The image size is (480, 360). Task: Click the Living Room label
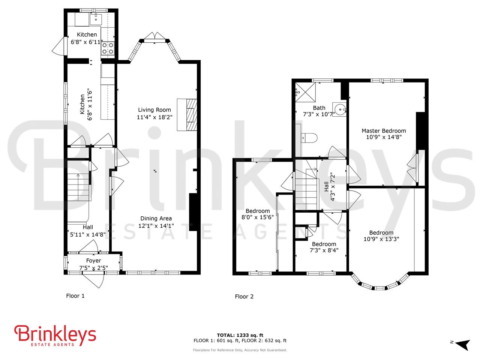click(154, 110)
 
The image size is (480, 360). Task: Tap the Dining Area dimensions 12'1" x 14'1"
click(156, 226)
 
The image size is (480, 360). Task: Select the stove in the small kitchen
click(108, 48)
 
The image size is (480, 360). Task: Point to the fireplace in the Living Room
click(187, 115)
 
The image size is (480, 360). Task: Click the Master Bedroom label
click(384, 131)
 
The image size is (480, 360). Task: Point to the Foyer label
click(93, 261)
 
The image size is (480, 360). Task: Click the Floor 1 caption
click(75, 296)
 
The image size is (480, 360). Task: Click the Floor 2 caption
click(244, 297)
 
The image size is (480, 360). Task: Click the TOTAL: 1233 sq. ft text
click(240, 335)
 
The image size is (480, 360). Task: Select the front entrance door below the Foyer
click(94, 279)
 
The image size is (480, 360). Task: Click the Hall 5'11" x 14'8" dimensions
click(88, 235)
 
